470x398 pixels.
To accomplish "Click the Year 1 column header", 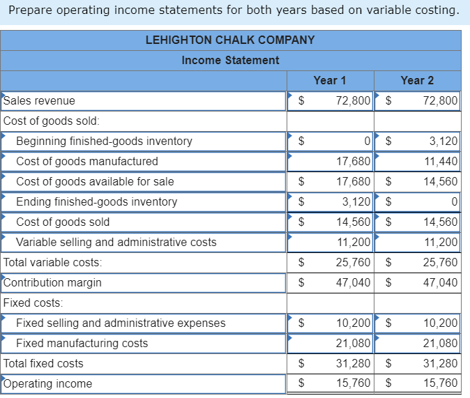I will click(330, 80).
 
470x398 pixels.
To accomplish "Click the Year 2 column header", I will click(417, 80).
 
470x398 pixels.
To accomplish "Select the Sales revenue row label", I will click(40, 100).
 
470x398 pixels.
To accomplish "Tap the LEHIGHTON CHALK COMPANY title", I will click(230, 40).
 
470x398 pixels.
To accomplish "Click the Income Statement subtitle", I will click(230, 60).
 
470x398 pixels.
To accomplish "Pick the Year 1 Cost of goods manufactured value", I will click(353, 161).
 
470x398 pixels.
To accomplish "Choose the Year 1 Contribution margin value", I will click(353, 282).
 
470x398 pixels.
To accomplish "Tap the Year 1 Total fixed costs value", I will click(353, 363).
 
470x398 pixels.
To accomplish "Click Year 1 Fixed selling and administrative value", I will click(353, 323).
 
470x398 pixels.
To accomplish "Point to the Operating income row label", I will click(47, 383).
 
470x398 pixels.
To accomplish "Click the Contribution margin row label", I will click(52, 282).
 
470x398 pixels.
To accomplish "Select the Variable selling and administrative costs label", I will click(116, 242).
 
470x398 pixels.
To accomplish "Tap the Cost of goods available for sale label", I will click(95, 181).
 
